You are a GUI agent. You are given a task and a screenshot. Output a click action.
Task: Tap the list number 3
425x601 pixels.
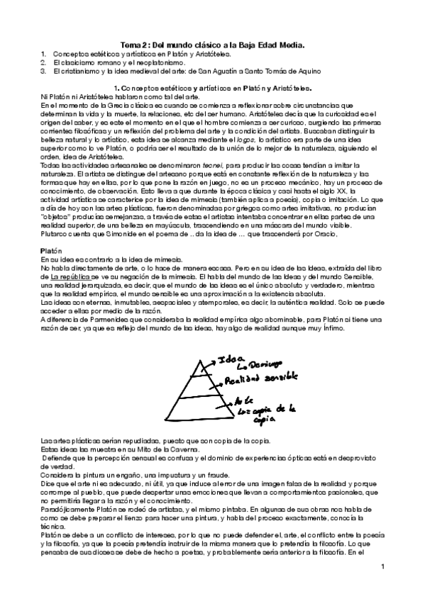[x=43, y=71]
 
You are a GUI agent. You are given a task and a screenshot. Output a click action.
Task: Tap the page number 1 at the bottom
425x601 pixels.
[x=381, y=566]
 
